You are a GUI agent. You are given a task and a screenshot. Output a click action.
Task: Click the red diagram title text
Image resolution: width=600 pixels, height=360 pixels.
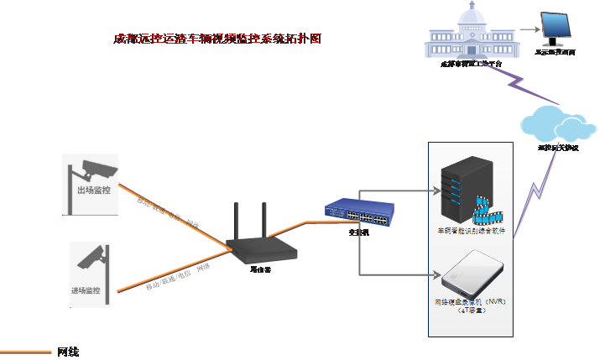click(x=217, y=39)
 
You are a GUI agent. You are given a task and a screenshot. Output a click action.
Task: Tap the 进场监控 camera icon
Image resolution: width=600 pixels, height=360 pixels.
click(x=91, y=257)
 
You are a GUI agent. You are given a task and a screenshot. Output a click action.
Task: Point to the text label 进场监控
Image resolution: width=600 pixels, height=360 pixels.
click(x=86, y=290)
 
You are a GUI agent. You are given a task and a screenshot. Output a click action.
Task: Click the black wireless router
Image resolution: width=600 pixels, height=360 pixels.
click(x=261, y=248)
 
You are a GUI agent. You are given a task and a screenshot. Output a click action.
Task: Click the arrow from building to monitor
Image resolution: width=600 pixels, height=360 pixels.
click(x=525, y=29)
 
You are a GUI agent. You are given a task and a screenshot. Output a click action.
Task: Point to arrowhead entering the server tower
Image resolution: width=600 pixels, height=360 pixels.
click(x=436, y=190)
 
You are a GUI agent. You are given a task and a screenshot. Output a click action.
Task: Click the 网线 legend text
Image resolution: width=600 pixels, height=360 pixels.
click(x=68, y=352)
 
